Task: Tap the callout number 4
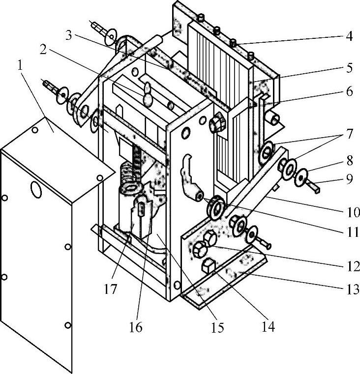(x=349, y=36)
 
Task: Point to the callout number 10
(x=353, y=212)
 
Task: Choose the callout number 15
(x=217, y=327)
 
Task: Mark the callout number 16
(x=136, y=327)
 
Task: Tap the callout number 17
(x=110, y=289)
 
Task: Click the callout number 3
(x=68, y=35)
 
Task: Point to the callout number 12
(x=353, y=266)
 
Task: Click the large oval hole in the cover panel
(x=36, y=190)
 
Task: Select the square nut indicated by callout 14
(x=209, y=266)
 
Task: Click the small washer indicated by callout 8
(x=301, y=177)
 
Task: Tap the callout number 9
(x=349, y=179)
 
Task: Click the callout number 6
(x=349, y=91)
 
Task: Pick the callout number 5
(x=349, y=68)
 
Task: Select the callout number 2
(x=43, y=50)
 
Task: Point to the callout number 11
(x=353, y=232)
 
